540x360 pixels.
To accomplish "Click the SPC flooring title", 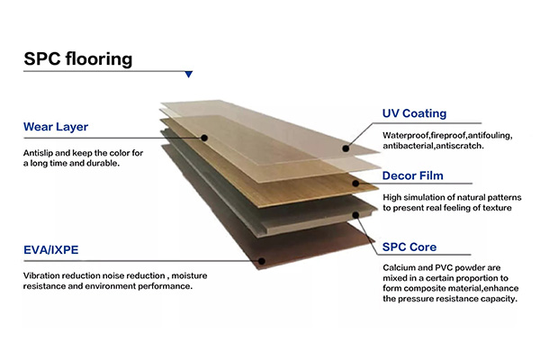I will tap(78, 60).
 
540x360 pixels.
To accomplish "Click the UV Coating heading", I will tap(415, 113).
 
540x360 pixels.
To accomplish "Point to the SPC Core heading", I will tap(410, 246).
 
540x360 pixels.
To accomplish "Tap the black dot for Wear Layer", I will tap(205, 138).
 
